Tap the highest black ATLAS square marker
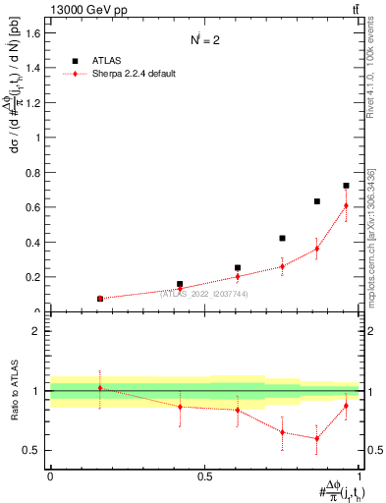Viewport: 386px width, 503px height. tap(346, 186)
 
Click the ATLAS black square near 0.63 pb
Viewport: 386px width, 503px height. tap(317, 201)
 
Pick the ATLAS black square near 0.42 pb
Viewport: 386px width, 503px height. tap(282, 238)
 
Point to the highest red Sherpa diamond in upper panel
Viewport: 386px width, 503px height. tap(346, 205)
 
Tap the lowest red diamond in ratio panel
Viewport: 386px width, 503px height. tap(316, 438)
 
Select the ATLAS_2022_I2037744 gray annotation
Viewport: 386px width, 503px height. tap(203, 293)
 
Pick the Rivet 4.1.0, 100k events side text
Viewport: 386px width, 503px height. tap(371, 69)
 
